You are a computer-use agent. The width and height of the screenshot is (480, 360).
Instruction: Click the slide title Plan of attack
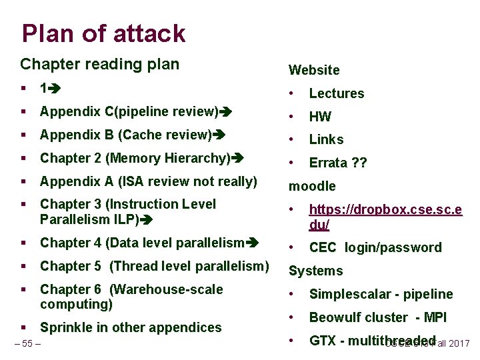point(103,33)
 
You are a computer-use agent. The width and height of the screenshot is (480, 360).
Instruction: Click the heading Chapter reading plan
point(99,64)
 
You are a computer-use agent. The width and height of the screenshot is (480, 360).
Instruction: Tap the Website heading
point(314,70)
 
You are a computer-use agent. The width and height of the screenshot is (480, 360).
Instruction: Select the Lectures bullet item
point(336,93)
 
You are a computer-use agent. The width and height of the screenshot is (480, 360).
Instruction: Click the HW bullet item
point(320,117)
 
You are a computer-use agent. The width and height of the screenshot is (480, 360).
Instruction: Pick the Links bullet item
point(326,139)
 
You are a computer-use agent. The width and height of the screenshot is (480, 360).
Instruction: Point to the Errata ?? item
point(338,163)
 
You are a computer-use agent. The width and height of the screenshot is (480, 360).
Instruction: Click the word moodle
point(312,186)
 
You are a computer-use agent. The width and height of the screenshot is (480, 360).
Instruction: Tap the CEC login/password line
point(375,247)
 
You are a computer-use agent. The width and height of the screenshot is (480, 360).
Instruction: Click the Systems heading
point(315,271)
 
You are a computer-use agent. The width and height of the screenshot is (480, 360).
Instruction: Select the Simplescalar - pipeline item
point(381,294)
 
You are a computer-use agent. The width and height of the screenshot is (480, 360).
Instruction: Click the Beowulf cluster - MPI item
point(377,317)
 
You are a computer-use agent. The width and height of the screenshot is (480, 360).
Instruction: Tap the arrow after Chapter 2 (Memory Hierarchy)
point(237,158)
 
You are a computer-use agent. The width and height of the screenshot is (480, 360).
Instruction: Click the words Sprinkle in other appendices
point(131,327)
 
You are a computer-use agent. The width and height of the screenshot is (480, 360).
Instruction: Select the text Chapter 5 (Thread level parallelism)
point(154,266)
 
